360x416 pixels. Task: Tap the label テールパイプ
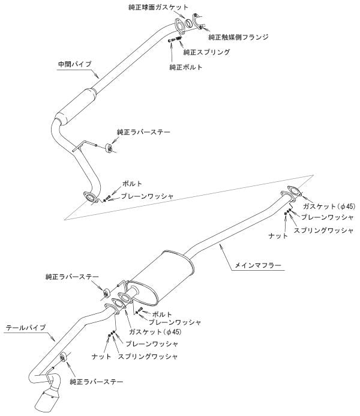click(25, 328)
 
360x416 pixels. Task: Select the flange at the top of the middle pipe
click(178, 25)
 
